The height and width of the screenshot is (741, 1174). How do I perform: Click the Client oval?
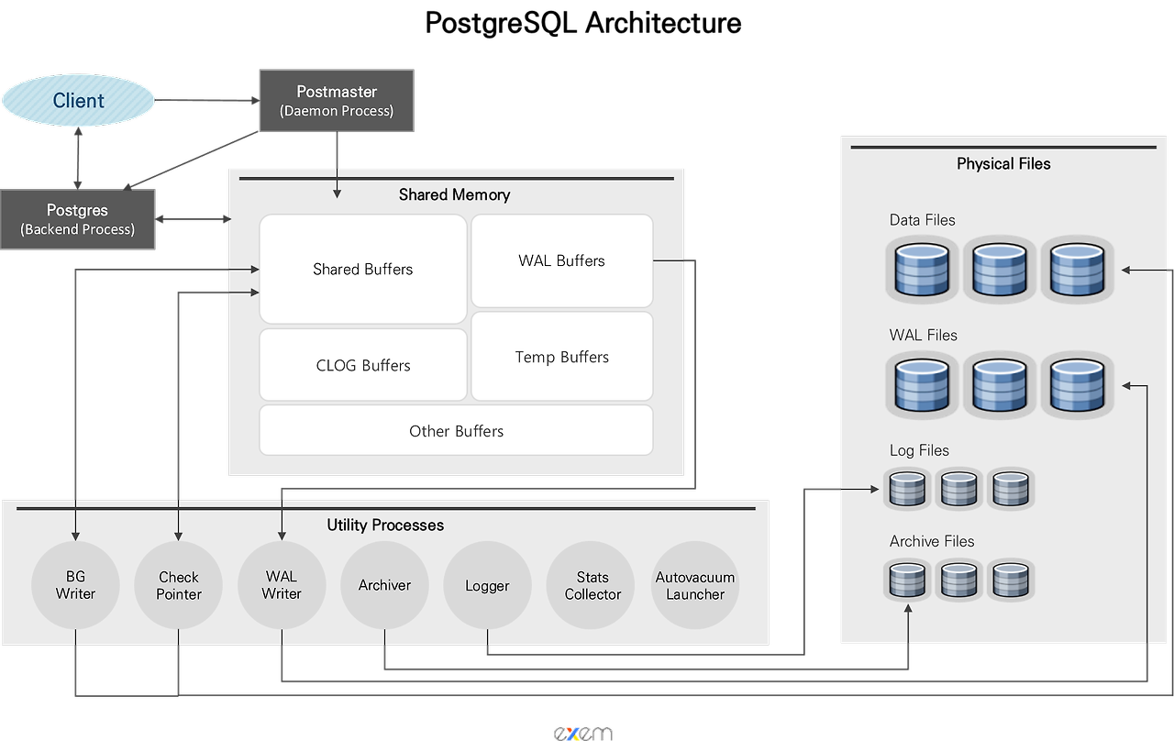(x=78, y=101)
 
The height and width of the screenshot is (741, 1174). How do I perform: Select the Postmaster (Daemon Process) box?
(x=337, y=100)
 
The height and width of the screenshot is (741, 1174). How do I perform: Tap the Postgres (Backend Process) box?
(x=77, y=219)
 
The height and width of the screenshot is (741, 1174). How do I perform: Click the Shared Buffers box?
(x=363, y=269)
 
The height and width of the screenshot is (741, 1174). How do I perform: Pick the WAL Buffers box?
(x=561, y=260)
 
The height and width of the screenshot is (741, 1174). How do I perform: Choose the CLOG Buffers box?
(x=363, y=365)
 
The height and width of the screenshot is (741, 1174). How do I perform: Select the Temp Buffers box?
(x=561, y=357)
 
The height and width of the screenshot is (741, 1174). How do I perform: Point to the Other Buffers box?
(x=456, y=431)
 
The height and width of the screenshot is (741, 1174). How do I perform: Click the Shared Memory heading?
(x=454, y=194)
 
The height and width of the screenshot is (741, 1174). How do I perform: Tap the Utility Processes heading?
(x=385, y=525)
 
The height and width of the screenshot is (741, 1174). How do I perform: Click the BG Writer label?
(x=75, y=585)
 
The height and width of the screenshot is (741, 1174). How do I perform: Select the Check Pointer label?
(x=179, y=585)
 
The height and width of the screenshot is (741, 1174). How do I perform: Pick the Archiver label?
(x=384, y=585)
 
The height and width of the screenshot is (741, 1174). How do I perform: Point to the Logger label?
(x=487, y=586)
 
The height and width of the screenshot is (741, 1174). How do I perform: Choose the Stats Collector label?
(x=593, y=585)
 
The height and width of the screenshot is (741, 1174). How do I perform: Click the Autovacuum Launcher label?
(x=695, y=585)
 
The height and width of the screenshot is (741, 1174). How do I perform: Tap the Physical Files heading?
(x=1003, y=163)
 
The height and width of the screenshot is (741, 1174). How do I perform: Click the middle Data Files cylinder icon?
(x=999, y=269)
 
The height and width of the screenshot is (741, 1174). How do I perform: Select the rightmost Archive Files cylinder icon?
(x=1011, y=580)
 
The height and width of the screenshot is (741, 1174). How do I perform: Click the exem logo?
(x=582, y=733)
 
